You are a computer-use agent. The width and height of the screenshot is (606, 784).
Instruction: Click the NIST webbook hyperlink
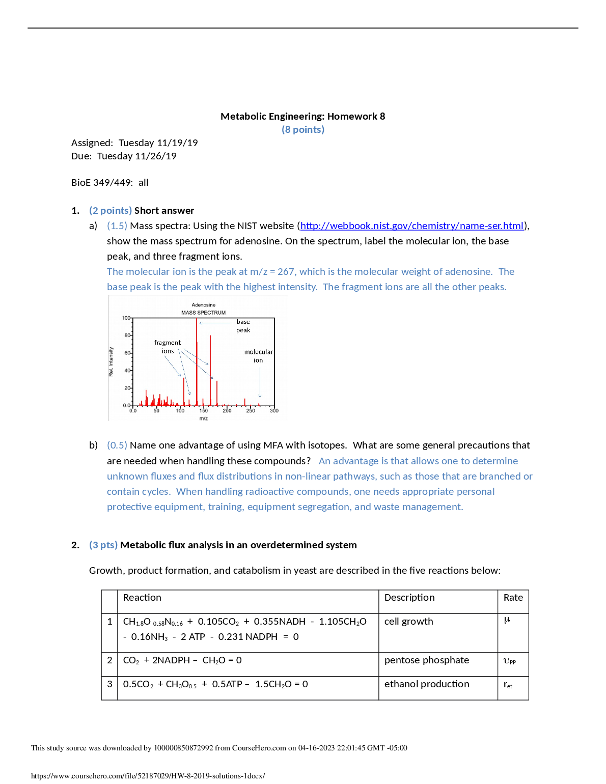(x=411, y=226)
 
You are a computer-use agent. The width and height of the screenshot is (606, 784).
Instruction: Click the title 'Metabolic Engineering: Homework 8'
(x=302, y=117)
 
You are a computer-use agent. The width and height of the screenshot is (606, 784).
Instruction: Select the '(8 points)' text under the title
(x=302, y=130)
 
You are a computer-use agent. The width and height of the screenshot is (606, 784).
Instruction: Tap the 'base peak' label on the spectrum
(x=243, y=326)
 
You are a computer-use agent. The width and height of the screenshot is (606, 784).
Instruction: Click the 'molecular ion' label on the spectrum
(x=258, y=356)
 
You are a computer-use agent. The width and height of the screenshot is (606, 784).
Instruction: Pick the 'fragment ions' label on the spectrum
(x=168, y=347)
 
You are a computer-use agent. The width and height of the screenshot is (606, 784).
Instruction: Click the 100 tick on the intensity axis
(x=126, y=318)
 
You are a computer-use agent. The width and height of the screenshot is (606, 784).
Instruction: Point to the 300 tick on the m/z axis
(x=274, y=411)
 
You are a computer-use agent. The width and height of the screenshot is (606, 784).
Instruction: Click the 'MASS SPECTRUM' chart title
(x=203, y=313)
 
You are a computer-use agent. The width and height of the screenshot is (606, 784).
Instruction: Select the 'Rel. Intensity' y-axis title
(x=111, y=362)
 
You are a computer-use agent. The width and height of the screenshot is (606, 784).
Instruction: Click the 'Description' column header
(x=409, y=598)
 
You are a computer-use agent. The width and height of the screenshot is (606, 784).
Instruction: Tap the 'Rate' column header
(x=513, y=598)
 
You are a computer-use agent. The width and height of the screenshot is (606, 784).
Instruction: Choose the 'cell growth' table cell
(x=408, y=622)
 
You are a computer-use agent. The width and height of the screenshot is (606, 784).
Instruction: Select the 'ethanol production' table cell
(x=426, y=684)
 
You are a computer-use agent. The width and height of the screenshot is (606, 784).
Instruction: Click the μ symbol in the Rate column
(x=507, y=620)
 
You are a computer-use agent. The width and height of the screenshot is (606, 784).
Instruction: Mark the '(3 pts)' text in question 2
(x=103, y=545)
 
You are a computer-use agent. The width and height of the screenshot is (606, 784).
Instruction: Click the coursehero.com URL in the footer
(x=148, y=776)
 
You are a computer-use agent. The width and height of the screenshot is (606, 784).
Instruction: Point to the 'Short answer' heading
(x=164, y=211)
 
